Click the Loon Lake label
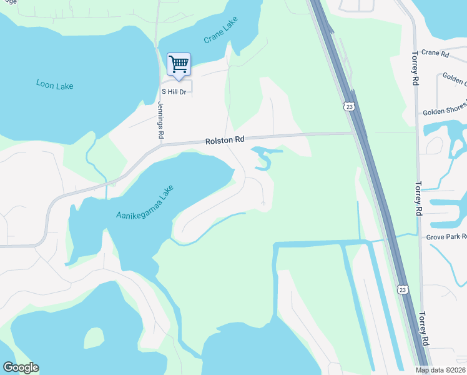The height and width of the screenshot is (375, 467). coord(55,84)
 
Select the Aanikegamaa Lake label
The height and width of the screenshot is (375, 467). coord(144,202)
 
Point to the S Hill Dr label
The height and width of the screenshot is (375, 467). coord(175,91)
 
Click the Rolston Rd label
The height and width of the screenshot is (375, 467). coord(224,141)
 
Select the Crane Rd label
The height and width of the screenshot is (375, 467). coord(435,54)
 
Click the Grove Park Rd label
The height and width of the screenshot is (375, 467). coord(446,237)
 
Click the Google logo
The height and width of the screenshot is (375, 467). coord(21,367)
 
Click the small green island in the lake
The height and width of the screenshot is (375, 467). coord(94,338)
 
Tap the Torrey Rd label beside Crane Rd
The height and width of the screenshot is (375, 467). coord(414,67)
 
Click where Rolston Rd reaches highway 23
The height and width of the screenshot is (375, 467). coord(354,132)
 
